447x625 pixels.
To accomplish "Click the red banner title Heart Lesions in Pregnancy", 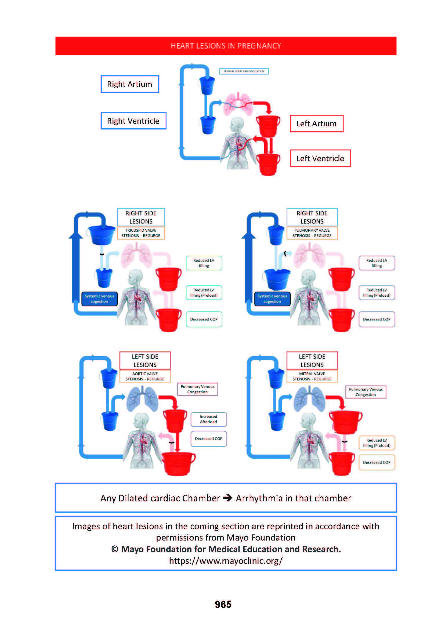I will click(226, 46).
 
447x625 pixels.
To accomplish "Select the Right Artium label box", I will click(130, 84).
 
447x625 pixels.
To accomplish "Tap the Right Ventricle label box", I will click(133, 121).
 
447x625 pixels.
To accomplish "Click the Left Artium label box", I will click(316, 124).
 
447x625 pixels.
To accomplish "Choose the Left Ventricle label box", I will click(320, 158).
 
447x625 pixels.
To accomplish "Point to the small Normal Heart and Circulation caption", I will click(244, 71).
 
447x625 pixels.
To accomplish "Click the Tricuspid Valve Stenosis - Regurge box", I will click(141, 233).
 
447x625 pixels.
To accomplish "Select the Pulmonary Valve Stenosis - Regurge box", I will click(312, 233).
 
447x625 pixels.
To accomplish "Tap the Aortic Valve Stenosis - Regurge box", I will click(145, 376).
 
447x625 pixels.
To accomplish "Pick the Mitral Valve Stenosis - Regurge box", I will click(312, 376).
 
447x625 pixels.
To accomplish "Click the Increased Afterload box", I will click(208, 419).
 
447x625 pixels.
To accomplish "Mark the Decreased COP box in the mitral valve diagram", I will click(377, 462).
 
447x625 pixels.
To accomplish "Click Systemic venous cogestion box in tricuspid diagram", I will click(99, 299).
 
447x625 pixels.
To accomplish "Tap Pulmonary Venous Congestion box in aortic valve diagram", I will click(197, 389).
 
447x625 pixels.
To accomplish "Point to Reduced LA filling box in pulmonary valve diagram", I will click(377, 263).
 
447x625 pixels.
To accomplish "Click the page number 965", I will click(223, 604).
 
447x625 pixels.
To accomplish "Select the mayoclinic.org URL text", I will click(226, 561).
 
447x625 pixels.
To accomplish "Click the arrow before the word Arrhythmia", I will click(228, 498).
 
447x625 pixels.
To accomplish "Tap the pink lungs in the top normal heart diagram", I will click(238, 104).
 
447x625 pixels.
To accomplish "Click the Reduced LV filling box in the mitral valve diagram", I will click(377, 443).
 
